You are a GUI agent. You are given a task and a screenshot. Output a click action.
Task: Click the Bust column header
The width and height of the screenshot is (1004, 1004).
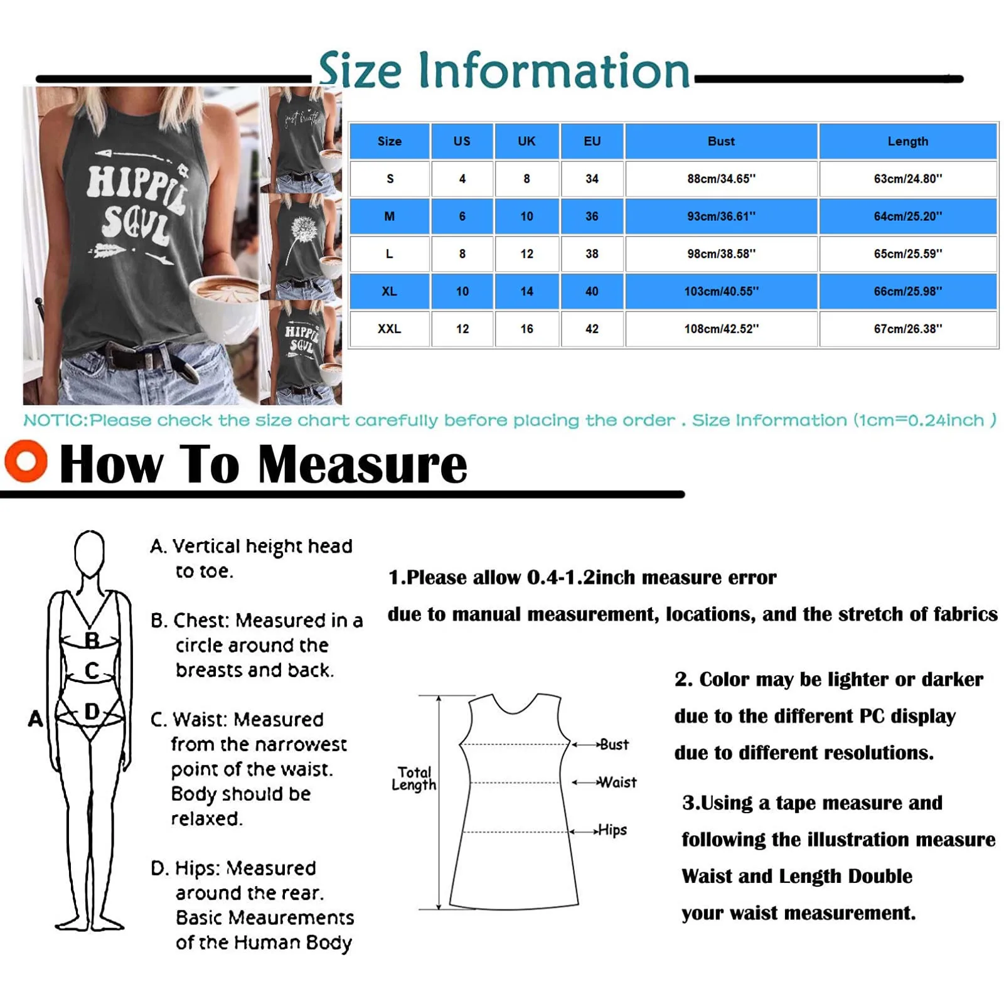click(721, 141)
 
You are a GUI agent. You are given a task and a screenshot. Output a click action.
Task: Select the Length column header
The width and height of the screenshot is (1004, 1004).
click(907, 141)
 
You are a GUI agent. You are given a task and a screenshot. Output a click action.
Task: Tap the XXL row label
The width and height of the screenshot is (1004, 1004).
click(389, 329)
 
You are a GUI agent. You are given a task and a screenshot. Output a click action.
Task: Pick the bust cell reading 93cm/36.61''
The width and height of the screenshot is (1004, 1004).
click(721, 216)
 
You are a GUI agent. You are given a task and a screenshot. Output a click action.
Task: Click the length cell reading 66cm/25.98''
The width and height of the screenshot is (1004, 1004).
click(907, 291)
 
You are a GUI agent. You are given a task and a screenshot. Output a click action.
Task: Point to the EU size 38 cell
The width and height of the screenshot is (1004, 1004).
click(592, 254)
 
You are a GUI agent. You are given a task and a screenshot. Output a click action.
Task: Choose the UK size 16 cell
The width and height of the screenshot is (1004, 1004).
click(526, 329)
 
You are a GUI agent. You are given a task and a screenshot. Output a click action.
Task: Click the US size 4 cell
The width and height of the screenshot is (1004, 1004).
click(462, 179)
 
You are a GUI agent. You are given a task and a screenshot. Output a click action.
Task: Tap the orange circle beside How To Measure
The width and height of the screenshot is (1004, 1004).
click(26, 461)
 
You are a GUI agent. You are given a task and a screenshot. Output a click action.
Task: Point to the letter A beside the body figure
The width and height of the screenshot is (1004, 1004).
click(36, 718)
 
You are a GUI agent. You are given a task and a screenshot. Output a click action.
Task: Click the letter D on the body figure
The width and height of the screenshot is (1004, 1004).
click(92, 712)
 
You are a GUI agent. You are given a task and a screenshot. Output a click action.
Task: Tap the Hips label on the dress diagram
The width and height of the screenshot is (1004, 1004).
click(612, 830)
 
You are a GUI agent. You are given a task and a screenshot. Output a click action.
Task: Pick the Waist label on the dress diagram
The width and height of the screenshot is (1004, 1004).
click(617, 782)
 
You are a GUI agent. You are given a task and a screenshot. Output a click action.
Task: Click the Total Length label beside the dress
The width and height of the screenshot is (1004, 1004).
click(414, 779)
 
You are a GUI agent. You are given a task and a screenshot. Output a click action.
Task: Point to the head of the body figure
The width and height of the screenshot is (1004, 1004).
click(89, 552)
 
